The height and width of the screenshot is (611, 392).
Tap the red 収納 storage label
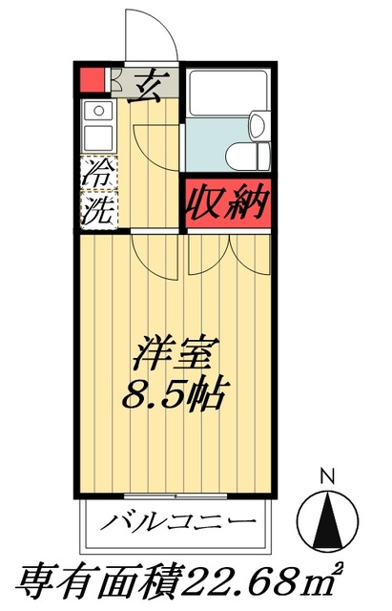227,203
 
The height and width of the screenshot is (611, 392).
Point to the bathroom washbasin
258,122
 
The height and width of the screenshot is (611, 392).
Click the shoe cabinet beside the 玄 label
113,83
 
